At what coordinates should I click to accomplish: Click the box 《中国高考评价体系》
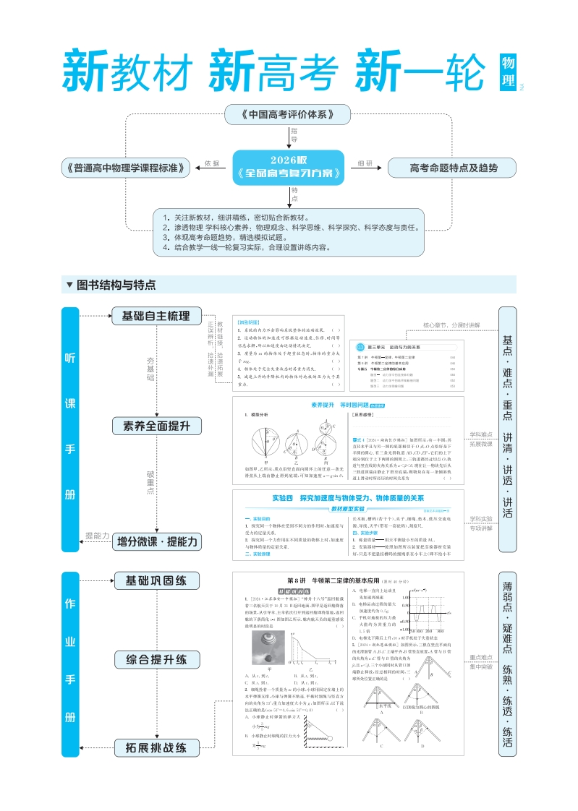(287, 114)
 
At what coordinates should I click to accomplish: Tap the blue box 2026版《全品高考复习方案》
(288, 168)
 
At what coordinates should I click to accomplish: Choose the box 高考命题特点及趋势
(453, 168)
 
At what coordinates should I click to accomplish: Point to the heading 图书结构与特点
(116, 285)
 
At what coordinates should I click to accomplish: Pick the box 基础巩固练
(156, 580)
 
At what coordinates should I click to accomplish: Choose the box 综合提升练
(156, 658)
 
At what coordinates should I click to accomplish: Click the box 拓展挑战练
(156, 747)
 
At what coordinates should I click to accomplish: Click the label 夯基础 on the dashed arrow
(150, 368)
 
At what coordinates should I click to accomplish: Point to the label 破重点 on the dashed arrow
(150, 481)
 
